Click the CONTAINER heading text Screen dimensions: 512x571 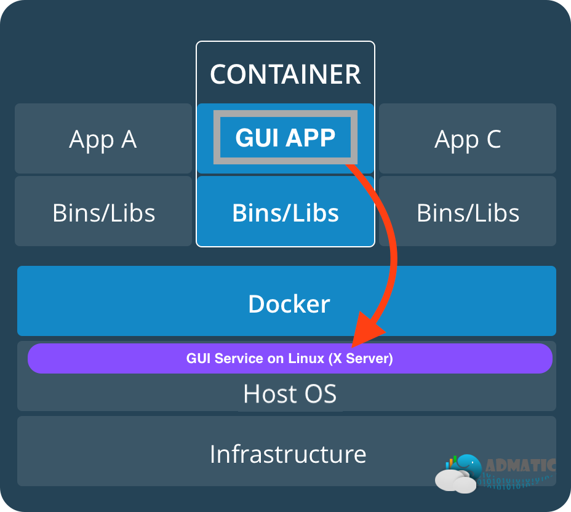[285, 74]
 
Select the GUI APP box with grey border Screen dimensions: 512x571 [285, 137]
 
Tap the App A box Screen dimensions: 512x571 [103, 139]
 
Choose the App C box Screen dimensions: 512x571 [468, 139]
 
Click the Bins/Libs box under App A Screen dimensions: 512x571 [103, 212]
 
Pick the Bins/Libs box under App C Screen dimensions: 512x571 [468, 212]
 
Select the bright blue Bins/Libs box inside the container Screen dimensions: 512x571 [285, 212]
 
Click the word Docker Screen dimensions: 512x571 [289, 304]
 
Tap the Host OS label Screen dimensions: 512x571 [290, 394]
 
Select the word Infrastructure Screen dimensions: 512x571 [287, 454]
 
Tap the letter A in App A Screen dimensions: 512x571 [128, 139]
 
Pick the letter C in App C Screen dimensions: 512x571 [492, 139]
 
